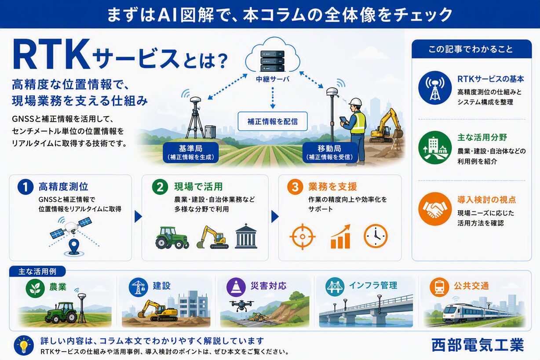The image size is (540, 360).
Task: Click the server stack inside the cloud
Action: [x=272, y=61]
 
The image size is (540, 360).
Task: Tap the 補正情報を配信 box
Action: [x=273, y=121]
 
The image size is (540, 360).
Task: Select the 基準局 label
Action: [x=191, y=152]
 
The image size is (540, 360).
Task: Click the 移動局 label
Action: [x=330, y=152]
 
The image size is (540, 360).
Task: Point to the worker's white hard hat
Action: [x=356, y=102]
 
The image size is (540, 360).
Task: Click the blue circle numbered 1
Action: [x=26, y=187]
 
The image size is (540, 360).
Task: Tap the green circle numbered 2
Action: [x=160, y=187]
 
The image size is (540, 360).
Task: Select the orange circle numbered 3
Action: [x=295, y=187]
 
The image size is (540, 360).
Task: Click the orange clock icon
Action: [x=376, y=236]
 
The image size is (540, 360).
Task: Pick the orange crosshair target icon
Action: [x=303, y=236]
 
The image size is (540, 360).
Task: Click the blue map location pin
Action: [x=74, y=246]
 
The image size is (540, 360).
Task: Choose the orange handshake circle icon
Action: [x=435, y=209]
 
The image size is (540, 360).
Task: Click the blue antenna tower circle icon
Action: [x=435, y=87]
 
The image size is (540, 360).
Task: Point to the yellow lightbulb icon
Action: [x=24, y=345]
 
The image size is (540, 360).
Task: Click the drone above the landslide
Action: [x=241, y=305]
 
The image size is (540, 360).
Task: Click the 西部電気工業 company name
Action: [x=478, y=345]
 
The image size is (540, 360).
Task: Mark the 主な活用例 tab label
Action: [x=37, y=272]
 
